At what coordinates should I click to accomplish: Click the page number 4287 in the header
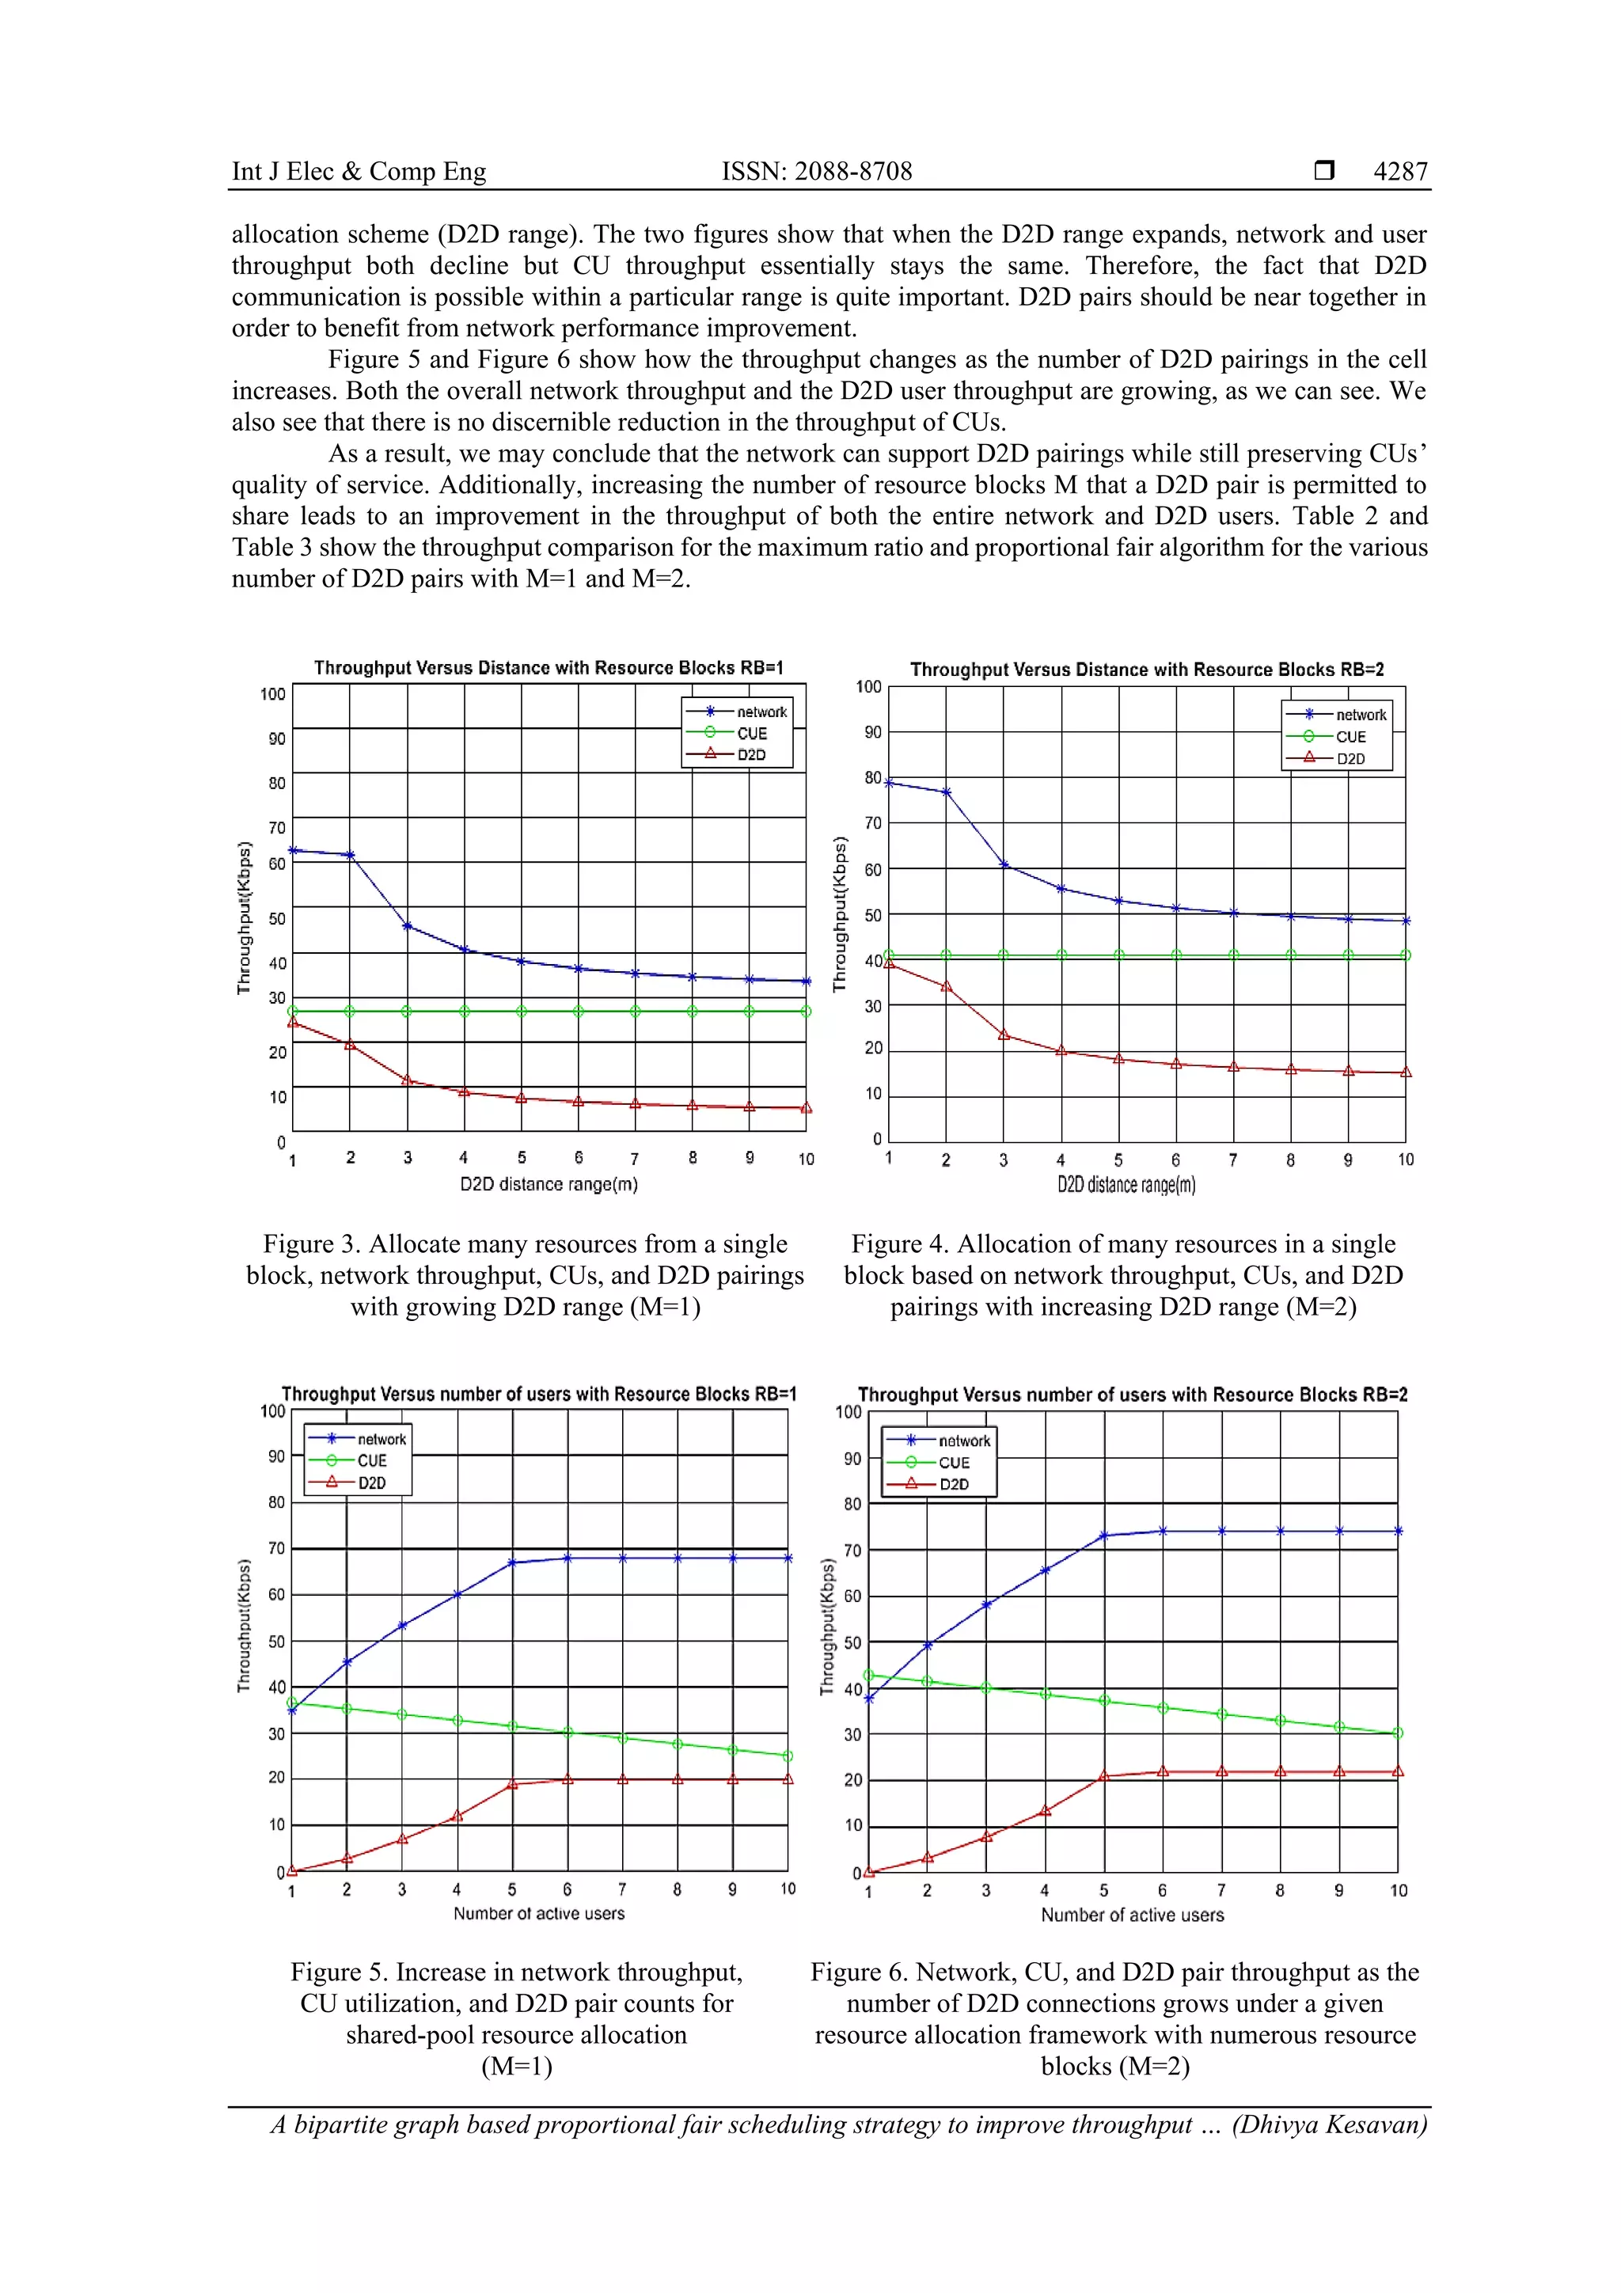pos(1399,172)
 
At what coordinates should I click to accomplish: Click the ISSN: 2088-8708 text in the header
pos(816,172)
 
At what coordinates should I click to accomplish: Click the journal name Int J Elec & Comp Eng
pos(359,172)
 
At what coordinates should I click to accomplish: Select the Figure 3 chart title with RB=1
pos(549,668)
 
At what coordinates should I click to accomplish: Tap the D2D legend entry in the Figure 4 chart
pos(1350,759)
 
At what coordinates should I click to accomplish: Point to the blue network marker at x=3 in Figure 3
pos(408,926)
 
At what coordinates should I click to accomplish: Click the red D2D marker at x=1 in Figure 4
pos(889,964)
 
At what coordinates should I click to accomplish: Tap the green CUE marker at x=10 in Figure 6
pos(1397,1733)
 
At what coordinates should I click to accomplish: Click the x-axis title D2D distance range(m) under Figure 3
pos(549,1184)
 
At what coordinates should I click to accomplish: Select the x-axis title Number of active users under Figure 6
pos(1132,1915)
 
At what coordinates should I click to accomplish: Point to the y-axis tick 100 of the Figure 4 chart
pos(868,687)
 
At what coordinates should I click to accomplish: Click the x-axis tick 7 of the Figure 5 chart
pos(622,1889)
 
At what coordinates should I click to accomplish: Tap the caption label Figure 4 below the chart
pos(898,1244)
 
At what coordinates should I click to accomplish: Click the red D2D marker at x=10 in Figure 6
pos(1397,1771)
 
